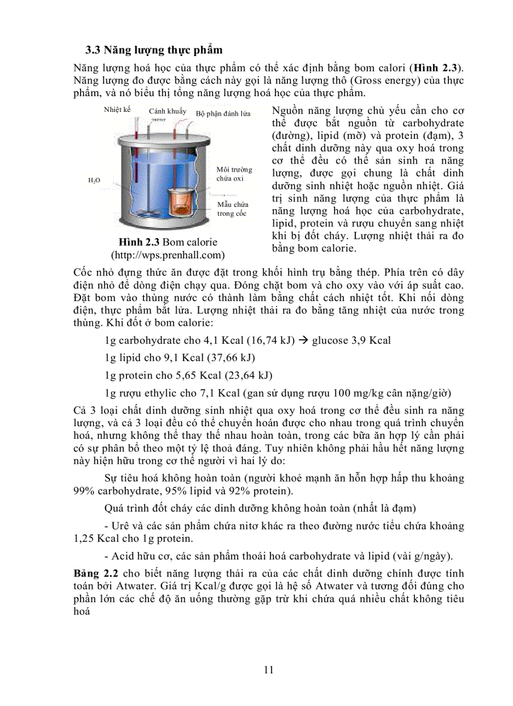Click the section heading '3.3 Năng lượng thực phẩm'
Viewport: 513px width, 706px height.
click(x=154, y=50)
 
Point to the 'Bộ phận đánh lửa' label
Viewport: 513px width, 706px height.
click(x=223, y=113)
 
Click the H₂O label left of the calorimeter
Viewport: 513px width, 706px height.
click(x=94, y=180)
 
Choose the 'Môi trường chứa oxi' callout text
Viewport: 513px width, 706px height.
click(x=234, y=174)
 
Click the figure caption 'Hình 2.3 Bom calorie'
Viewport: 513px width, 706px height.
click(x=168, y=242)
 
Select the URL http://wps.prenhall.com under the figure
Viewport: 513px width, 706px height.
click(x=168, y=255)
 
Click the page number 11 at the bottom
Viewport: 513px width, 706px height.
click(x=269, y=670)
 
